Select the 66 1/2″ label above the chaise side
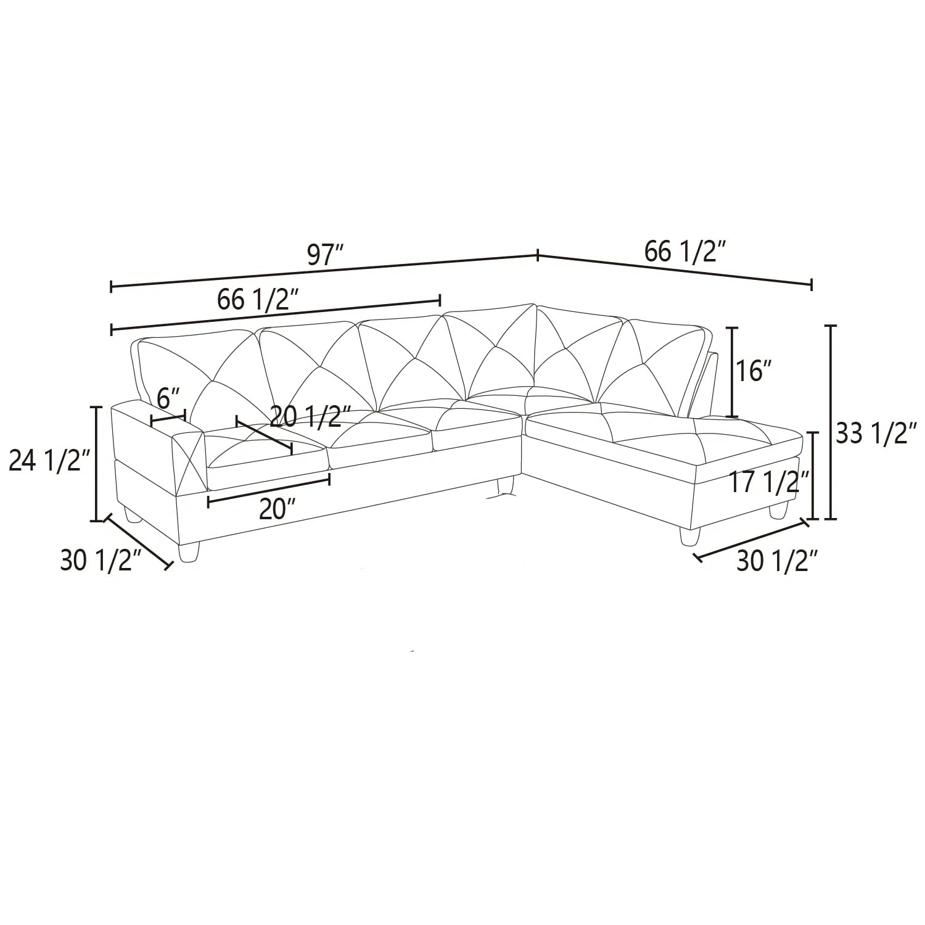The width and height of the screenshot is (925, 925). (684, 252)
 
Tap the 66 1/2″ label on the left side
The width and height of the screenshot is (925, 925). (258, 300)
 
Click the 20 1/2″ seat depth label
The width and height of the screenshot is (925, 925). (311, 417)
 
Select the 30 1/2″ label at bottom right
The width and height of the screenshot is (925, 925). (778, 561)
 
